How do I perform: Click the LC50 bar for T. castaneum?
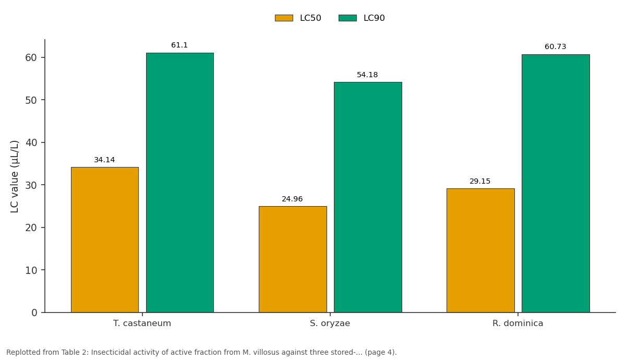(105, 240)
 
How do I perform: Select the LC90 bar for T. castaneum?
(180, 183)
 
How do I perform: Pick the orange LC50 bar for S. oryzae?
(293, 259)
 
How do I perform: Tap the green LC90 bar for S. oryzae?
(368, 197)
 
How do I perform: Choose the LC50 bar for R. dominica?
(480, 250)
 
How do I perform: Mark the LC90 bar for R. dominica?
(556, 183)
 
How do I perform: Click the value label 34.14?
(104, 160)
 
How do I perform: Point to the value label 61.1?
(179, 45)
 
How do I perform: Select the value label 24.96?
(292, 199)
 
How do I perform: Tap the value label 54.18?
(367, 75)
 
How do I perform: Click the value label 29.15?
(480, 182)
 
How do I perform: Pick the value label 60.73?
(555, 46)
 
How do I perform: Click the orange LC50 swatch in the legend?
(284, 18)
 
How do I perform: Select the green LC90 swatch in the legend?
(347, 18)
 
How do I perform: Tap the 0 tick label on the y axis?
(34, 313)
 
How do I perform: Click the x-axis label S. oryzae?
(330, 323)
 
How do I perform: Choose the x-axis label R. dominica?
(518, 323)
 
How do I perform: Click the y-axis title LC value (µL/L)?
(14, 177)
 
